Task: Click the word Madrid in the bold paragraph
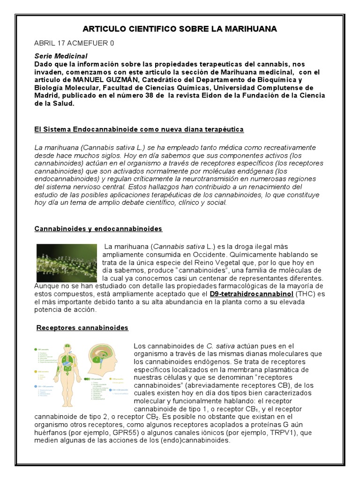coord(47,96)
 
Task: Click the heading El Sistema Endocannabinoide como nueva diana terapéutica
coord(139,129)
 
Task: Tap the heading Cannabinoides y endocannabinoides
coord(98,229)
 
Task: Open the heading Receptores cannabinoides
coord(82,328)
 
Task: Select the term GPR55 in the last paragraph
coord(113,433)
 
